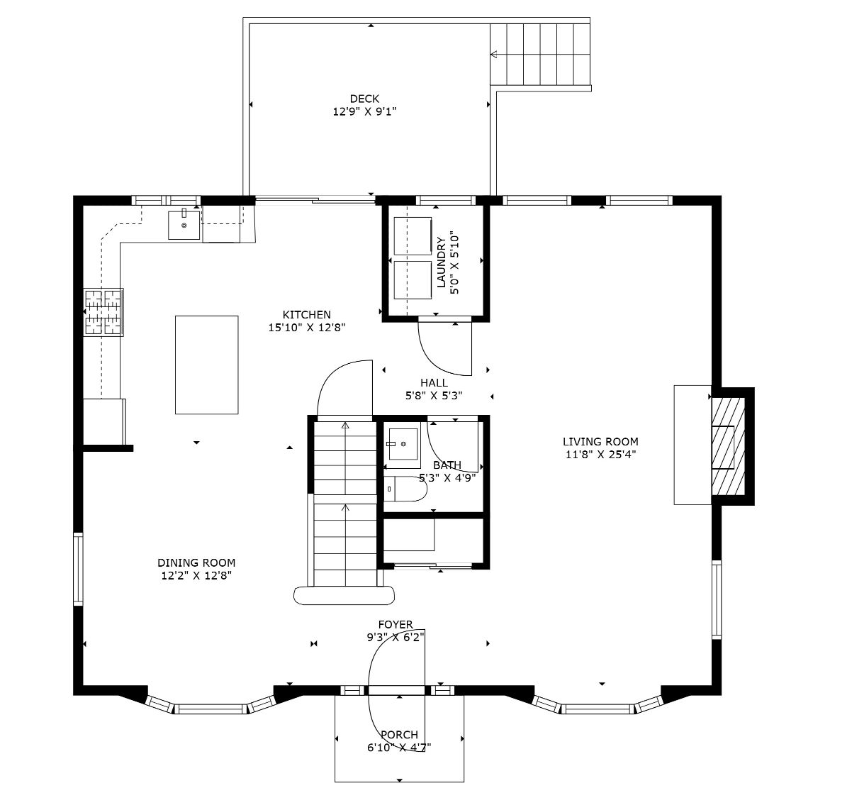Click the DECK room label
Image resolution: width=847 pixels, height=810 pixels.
click(x=364, y=99)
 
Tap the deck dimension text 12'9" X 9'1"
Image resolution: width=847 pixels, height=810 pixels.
click(x=364, y=112)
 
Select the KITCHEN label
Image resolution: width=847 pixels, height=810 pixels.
click(x=307, y=314)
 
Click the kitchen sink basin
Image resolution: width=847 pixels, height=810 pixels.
click(x=184, y=225)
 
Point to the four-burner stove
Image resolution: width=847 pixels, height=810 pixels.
click(x=103, y=312)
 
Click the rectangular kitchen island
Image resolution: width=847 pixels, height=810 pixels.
click(x=207, y=365)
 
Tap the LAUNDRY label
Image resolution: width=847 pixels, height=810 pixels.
click(x=442, y=262)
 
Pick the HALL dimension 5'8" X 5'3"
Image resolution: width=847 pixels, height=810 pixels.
click(x=434, y=395)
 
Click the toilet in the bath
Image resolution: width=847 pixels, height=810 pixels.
click(x=405, y=489)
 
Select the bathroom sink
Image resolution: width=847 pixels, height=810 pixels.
click(x=403, y=448)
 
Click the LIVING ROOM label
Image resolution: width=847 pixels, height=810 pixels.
click(x=600, y=441)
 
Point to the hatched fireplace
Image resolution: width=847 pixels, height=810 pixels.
click(x=728, y=446)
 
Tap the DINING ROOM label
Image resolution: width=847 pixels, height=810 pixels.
click(x=196, y=562)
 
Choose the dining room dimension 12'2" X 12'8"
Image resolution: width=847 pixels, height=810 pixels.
click(x=196, y=576)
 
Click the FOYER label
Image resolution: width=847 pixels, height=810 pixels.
click(x=396, y=625)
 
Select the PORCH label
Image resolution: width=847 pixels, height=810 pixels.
click(x=400, y=734)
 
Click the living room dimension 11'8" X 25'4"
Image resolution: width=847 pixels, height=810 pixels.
click(x=600, y=454)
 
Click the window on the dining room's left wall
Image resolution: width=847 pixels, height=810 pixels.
click(x=79, y=568)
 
